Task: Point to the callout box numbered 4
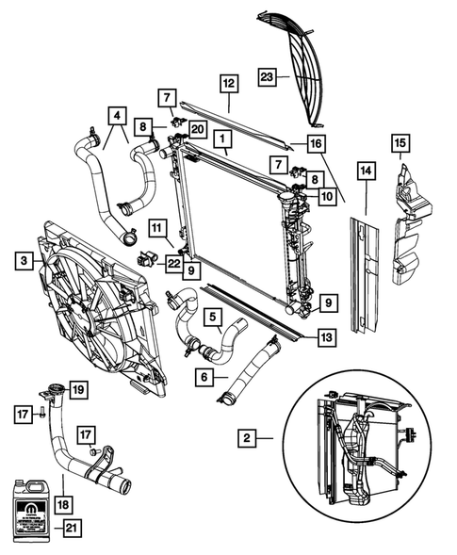tap(117, 116)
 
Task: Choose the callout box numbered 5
tap(215, 317)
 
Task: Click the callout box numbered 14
tap(364, 171)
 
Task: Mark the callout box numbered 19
tap(78, 387)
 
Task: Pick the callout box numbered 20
tap(197, 128)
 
